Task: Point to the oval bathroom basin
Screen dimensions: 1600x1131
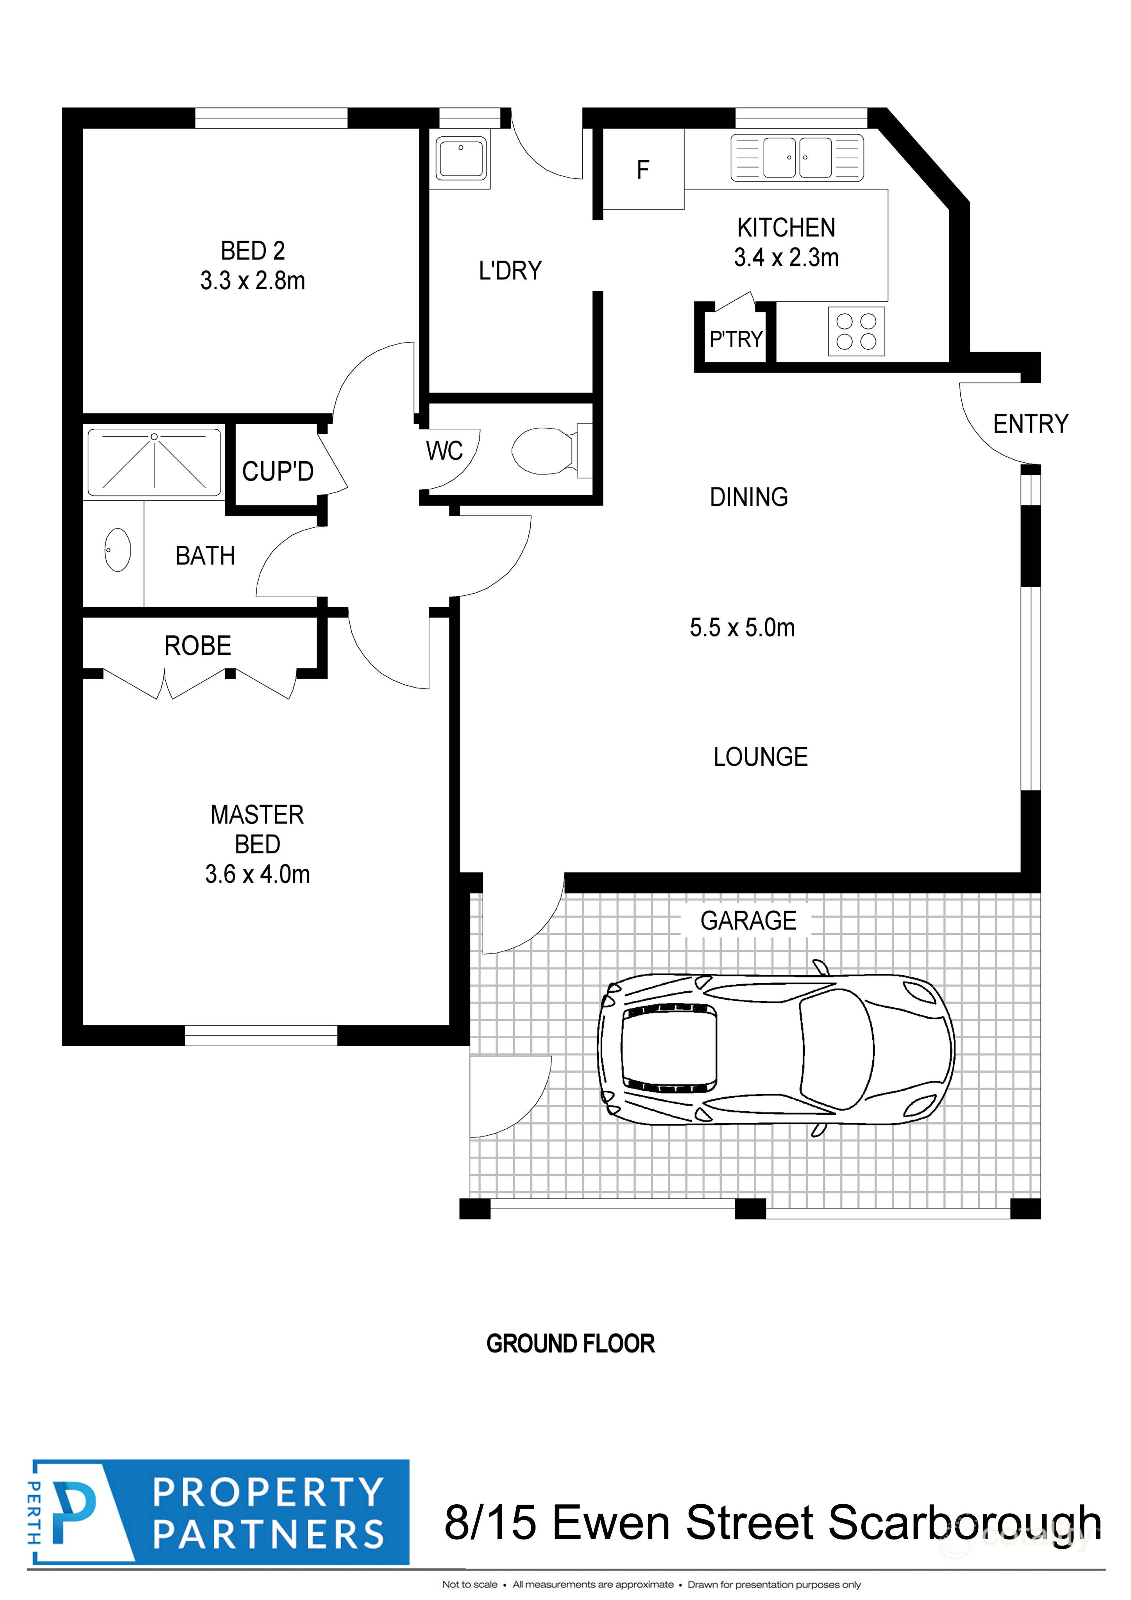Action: [x=117, y=550]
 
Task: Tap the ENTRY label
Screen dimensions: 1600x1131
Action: [x=1030, y=424]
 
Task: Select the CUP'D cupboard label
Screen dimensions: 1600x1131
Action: [x=277, y=472]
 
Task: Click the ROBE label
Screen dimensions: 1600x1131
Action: [x=197, y=646]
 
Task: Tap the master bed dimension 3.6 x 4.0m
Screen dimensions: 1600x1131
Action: [x=257, y=874]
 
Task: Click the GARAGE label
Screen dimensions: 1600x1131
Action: [x=748, y=921]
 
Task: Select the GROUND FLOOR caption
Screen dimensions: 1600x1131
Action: [x=570, y=1344]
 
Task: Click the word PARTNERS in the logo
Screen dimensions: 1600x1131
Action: [x=268, y=1534]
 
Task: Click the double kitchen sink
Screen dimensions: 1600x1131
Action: [x=796, y=158]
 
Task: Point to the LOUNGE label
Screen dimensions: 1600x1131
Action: [x=760, y=757]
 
